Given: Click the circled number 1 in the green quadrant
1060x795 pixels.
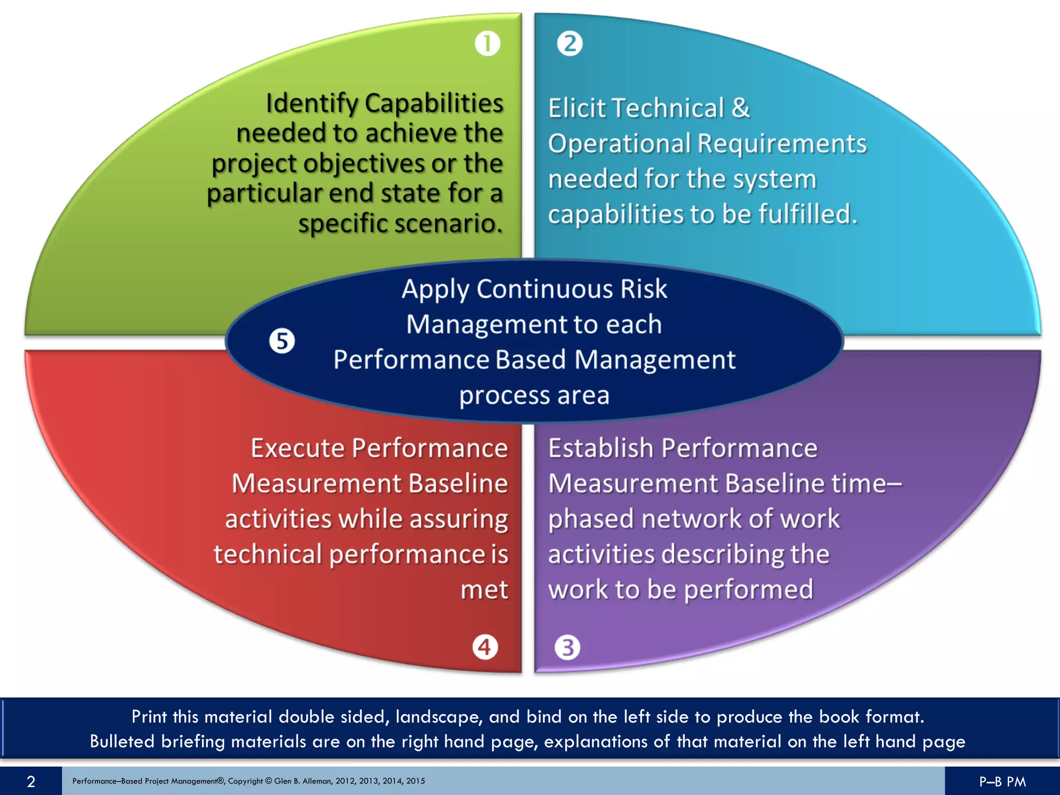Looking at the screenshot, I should [x=487, y=43].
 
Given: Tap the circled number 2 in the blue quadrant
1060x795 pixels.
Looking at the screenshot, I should [x=570, y=43].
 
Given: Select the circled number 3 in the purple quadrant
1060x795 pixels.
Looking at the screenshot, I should [x=567, y=647].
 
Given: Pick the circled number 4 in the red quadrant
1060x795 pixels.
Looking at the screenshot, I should [x=485, y=647].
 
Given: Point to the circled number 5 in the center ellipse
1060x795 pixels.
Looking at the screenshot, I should [x=282, y=341].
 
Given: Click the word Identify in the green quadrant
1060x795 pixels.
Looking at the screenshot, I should [x=312, y=103].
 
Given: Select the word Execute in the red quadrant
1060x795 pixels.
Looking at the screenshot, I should [x=298, y=448].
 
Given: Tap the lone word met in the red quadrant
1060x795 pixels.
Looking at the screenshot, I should [x=484, y=590].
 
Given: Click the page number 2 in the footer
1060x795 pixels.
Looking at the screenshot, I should [x=31, y=781].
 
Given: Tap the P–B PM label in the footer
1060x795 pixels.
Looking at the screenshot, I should [x=1002, y=782].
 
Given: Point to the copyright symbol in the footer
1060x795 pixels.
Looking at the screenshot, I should [x=268, y=781].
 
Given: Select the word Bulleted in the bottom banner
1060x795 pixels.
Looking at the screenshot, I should [x=122, y=742].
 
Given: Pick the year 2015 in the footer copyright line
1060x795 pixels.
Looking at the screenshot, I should [x=415, y=781].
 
